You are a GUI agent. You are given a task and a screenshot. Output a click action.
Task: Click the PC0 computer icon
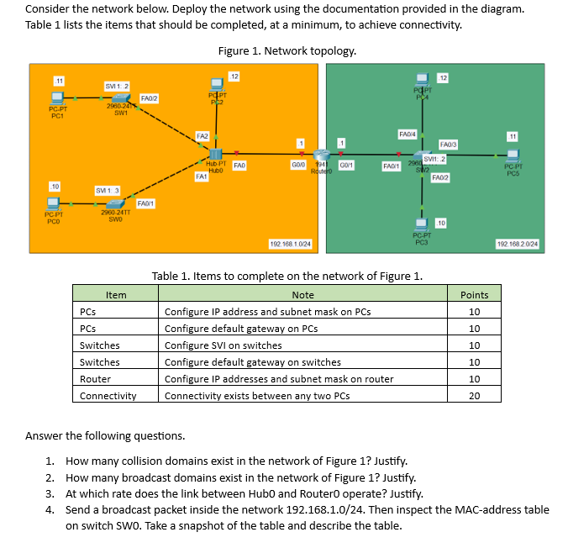coord(54,203)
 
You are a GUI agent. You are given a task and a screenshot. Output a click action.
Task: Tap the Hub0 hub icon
coord(215,155)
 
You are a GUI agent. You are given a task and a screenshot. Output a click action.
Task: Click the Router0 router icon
coord(320,156)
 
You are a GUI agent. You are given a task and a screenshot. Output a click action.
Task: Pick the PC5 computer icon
coord(514,155)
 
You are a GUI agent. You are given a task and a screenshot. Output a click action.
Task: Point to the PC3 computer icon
coord(421,224)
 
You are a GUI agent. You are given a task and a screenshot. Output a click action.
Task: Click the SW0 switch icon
coord(113,203)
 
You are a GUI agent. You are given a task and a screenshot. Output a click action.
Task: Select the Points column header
coord(474,294)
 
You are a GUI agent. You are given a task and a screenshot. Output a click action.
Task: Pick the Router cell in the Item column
coord(95,379)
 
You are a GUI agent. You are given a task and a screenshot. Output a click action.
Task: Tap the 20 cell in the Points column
coord(474,396)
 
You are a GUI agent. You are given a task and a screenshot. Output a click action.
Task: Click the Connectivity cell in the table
coord(108,396)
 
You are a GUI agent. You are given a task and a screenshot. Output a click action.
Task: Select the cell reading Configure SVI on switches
coord(223,345)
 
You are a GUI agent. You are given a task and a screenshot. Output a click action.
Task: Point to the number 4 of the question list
coord(50,509)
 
